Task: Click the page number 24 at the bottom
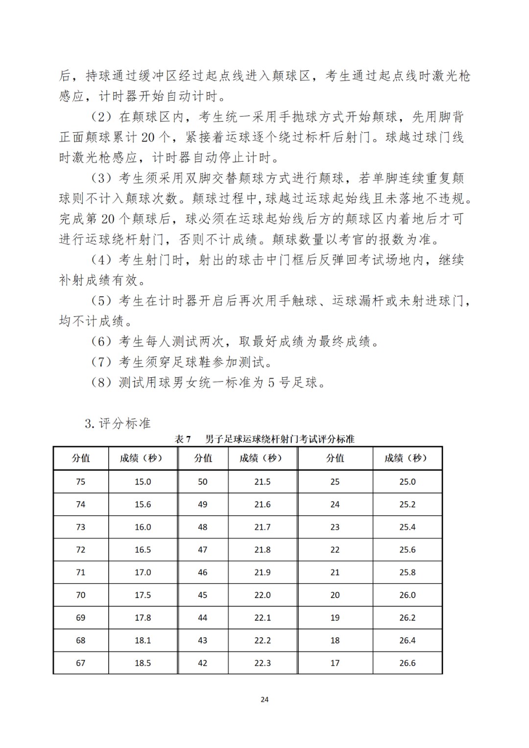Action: (264, 700)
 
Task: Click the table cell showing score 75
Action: (81, 482)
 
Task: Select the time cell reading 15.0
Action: (143, 482)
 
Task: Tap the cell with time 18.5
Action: (143, 663)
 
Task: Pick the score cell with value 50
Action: (203, 482)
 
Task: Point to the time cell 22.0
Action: (263, 595)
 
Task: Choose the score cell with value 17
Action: (335, 663)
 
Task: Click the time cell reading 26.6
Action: (408, 663)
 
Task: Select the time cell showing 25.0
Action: (408, 482)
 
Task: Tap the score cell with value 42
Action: (203, 663)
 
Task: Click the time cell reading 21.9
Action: (263, 572)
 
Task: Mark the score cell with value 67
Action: (81, 663)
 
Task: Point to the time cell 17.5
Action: (143, 595)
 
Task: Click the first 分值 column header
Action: (81, 458)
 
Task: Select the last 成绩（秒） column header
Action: (407, 458)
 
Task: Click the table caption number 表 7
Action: (183, 439)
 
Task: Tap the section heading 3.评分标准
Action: (118, 423)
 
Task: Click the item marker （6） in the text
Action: (102, 341)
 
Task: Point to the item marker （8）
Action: (102, 383)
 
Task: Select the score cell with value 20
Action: (335, 595)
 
